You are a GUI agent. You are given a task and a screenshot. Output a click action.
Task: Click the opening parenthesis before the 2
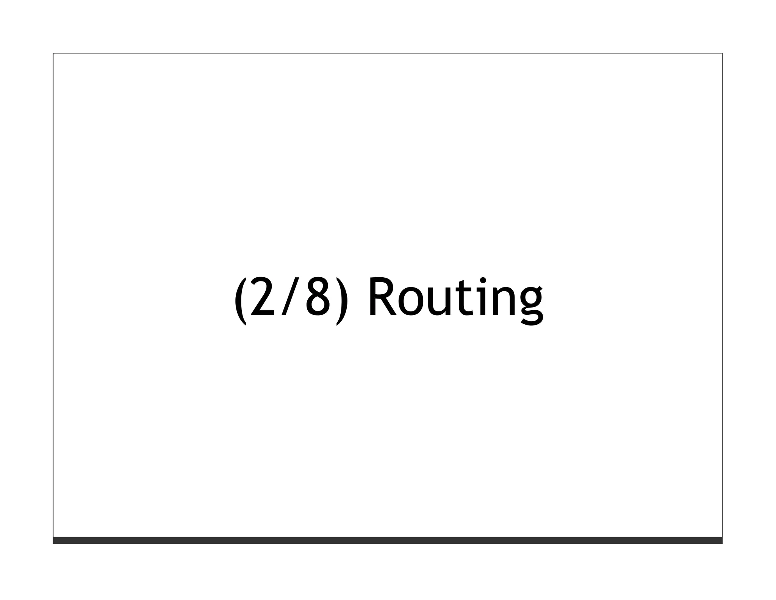point(240,301)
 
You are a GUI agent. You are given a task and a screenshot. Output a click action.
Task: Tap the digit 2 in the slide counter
point(262,297)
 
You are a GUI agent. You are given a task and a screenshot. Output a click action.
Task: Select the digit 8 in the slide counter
point(318,297)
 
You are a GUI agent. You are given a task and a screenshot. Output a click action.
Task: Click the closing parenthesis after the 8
point(342,301)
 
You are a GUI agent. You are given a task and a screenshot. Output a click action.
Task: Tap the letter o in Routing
point(411,302)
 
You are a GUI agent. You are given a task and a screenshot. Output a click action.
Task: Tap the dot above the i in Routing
point(483,280)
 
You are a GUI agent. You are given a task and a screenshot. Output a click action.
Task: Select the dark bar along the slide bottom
point(387,540)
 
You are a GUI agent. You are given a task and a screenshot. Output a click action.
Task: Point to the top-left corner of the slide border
point(53,53)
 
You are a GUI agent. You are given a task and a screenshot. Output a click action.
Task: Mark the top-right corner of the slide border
point(722,53)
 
